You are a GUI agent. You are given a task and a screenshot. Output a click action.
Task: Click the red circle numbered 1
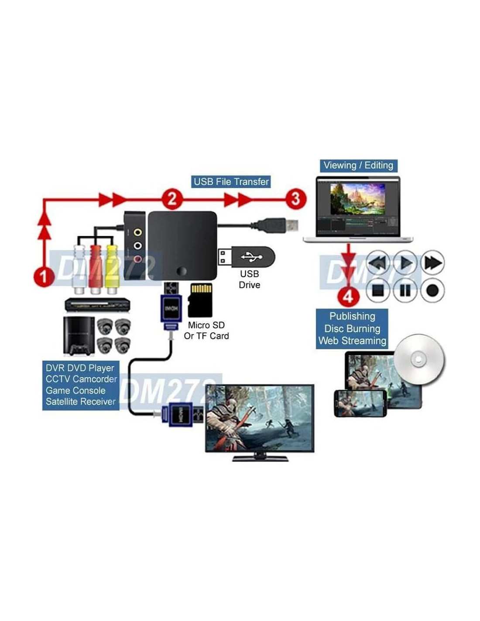tap(44, 276)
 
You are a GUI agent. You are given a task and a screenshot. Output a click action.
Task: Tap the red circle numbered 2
tap(172, 199)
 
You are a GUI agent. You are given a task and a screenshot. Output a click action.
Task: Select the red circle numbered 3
tap(295, 199)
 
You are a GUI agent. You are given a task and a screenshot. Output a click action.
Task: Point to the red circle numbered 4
tap(348, 297)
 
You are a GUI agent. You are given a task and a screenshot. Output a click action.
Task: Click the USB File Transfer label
tap(231, 182)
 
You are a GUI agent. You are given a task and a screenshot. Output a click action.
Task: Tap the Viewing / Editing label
tap(358, 166)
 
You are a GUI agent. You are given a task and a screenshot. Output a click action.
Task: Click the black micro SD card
tap(200, 300)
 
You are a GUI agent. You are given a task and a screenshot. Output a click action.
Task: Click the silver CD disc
tap(419, 359)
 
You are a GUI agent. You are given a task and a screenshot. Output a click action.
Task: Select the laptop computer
tap(358, 210)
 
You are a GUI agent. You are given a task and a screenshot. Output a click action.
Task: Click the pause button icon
tap(405, 290)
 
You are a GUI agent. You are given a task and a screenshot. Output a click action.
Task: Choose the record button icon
tap(432, 290)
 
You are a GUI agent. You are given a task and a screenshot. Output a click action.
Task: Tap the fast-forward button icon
tap(432, 263)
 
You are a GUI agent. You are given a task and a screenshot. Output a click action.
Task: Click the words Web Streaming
tap(352, 341)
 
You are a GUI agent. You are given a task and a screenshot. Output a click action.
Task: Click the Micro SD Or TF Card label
tap(206, 331)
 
